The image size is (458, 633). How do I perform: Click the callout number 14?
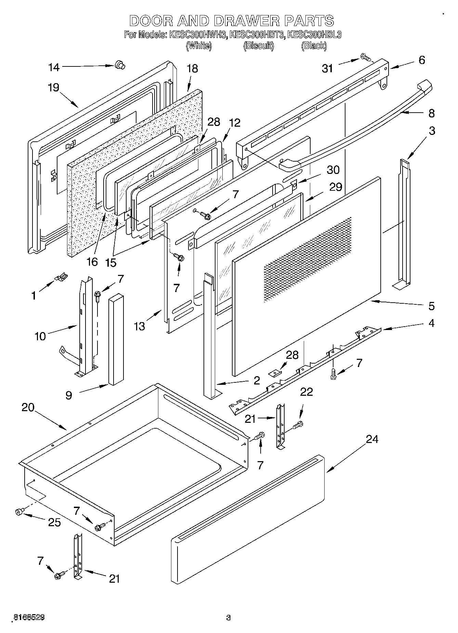click(54, 67)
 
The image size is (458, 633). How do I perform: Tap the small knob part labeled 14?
click(119, 64)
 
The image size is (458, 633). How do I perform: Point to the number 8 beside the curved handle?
click(431, 113)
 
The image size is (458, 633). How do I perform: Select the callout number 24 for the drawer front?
click(372, 439)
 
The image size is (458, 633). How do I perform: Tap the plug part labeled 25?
click(19, 512)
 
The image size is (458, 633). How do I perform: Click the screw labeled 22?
click(299, 425)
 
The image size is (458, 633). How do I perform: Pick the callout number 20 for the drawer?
click(28, 407)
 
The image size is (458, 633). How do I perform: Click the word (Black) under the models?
click(314, 46)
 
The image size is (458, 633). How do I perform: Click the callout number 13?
click(139, 326)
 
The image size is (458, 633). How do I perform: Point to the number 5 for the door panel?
click(431, 306)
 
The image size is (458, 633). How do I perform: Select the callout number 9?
click(69, 395)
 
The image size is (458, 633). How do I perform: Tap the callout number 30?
click(333, 170)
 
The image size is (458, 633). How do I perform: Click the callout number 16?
click(92, 262)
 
